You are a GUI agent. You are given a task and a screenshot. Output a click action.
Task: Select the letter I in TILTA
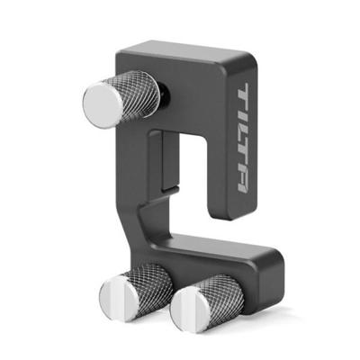241,117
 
